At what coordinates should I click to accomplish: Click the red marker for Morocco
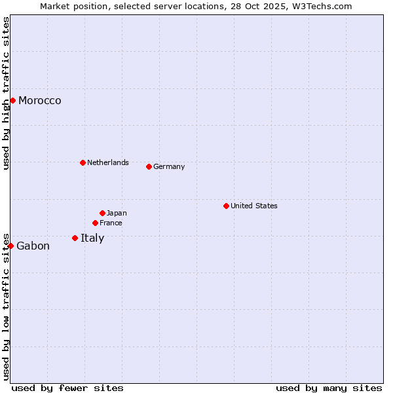click(x=12, y=100)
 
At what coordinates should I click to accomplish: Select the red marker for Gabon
click(x=10, y=246)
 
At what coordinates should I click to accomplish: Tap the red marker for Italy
click(x=75, y=238)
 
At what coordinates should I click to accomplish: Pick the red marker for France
click(x=95, y=223)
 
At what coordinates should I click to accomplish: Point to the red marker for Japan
click(x=102, y=213)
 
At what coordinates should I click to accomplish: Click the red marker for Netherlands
click(x=83, y=162)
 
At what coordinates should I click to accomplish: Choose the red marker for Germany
click(x=149, y=166)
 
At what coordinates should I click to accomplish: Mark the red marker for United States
click(x=226, y=206)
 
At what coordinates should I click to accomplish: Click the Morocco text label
click(x=40, y=100)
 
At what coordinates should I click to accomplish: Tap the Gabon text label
click(x=33, y=246)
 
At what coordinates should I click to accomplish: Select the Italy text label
click(x=92, y=238)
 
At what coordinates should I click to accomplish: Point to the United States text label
click(x=254, y=206)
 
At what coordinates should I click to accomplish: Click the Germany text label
click(x=169, y=166)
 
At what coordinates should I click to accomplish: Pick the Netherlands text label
click(x=108, y=162)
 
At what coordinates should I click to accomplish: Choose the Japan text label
click(x=117, y=213)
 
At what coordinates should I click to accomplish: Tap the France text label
click(x=111, y=223)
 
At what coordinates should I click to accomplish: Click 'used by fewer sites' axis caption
click(x=67, y=388)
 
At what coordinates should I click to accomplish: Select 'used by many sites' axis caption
click(x=329, y=388)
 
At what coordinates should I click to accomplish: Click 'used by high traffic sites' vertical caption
click(x=6, y=93)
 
